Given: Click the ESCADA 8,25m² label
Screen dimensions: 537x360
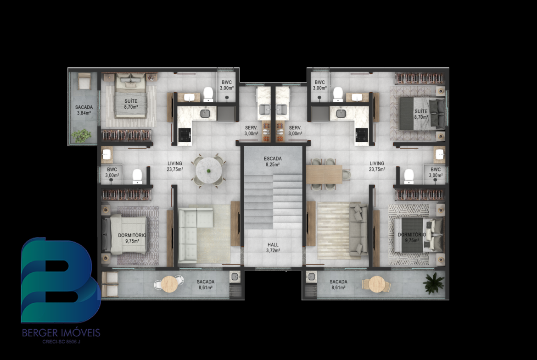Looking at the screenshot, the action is tap(273, 161).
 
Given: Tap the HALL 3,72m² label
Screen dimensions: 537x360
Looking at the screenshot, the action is tap(273, 248).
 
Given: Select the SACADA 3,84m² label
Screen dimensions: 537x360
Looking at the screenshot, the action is tap(84, 110).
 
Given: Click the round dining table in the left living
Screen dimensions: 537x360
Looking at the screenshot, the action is tap(208, 171).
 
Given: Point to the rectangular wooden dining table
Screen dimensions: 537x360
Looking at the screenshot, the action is tap(324, 174).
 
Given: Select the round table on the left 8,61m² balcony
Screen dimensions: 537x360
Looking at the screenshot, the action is tap(169, 284).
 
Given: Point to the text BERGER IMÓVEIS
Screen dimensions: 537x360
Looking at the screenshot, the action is tap(61, 332).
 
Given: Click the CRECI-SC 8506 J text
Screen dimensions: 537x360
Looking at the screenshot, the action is tap(61, 341).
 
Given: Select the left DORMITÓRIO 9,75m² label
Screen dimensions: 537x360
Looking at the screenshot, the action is tap(132, 238).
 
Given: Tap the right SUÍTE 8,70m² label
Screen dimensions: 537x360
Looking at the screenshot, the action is tap(421, 114).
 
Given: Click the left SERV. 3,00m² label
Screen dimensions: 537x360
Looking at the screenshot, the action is tap(252, 131).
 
